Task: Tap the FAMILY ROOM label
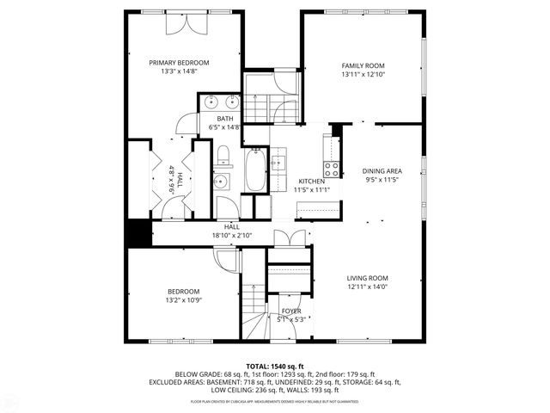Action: pyautogui.click(x=362, y=65)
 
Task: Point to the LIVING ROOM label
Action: pyautogui.click(x=368, y=278)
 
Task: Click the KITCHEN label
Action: pyautogui.click(x=310, y=182)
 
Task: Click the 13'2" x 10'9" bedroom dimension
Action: pyautogui.click(x=183, y=300)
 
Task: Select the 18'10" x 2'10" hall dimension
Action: pyautogui.click(x=232, y=235)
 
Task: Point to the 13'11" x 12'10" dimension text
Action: pyautogui.click(x=362, y=75)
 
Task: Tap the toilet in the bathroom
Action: pyautogui.click(x=223, y=156)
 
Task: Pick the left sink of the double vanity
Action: pyautogui.click(x=211, y=102)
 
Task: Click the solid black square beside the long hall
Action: pyautogui.click(x=138, y=232)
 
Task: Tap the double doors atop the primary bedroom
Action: pyautogui.click(x=185, y=24)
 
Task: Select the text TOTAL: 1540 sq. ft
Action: pyautogui.click(x=274, y=366)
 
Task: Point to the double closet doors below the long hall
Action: pyautogui.click(x=284, y=238)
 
